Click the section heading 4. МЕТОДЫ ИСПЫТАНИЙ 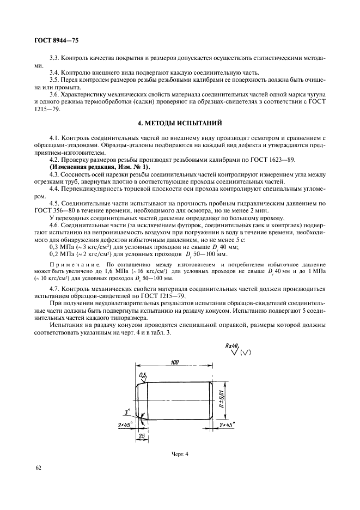pos(180,124)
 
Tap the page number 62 pos(39,467)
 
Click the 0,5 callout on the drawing pos(143,375)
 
